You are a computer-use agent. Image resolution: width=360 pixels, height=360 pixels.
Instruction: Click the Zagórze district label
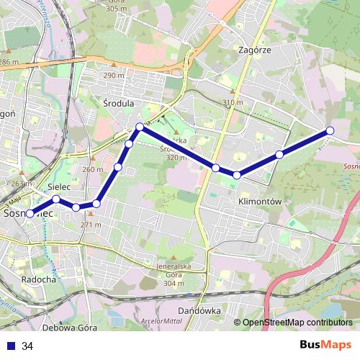253,50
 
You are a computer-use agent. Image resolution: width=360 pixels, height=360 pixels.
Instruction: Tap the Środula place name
118,103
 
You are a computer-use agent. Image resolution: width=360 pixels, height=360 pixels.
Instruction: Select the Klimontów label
258,202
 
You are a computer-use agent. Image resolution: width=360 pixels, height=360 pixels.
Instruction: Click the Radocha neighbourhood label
39,279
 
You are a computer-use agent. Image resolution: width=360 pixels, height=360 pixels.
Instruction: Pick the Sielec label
58,187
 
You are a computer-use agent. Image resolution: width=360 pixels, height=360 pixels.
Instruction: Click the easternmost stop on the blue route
330,130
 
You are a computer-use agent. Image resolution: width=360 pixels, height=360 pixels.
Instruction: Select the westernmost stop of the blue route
30,213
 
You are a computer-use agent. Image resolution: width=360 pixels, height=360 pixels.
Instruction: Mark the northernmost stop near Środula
140,127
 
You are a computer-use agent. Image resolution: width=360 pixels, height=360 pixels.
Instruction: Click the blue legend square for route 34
11,346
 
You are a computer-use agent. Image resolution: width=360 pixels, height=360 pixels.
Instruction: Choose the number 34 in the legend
27,346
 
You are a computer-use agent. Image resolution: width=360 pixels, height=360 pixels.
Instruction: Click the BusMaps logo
325,346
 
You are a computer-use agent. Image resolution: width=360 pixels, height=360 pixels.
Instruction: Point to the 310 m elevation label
233,103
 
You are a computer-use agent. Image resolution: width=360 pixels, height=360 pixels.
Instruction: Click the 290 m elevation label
114,76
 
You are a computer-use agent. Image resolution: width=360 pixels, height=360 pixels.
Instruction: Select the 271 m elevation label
91,225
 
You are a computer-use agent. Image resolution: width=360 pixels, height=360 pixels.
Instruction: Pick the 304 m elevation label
171,283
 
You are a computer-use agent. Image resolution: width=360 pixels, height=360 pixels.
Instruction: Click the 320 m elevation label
176,157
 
